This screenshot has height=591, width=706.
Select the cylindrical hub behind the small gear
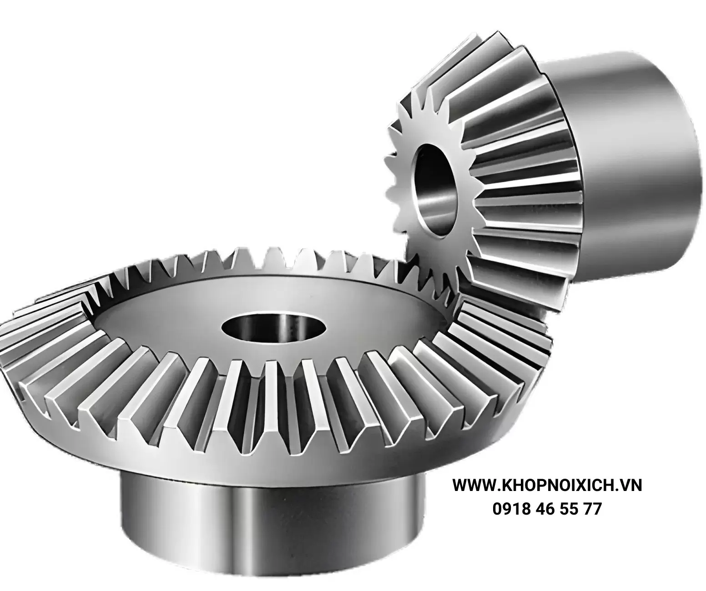coord(637,150)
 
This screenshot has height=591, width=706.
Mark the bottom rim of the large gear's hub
coord(273,577)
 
